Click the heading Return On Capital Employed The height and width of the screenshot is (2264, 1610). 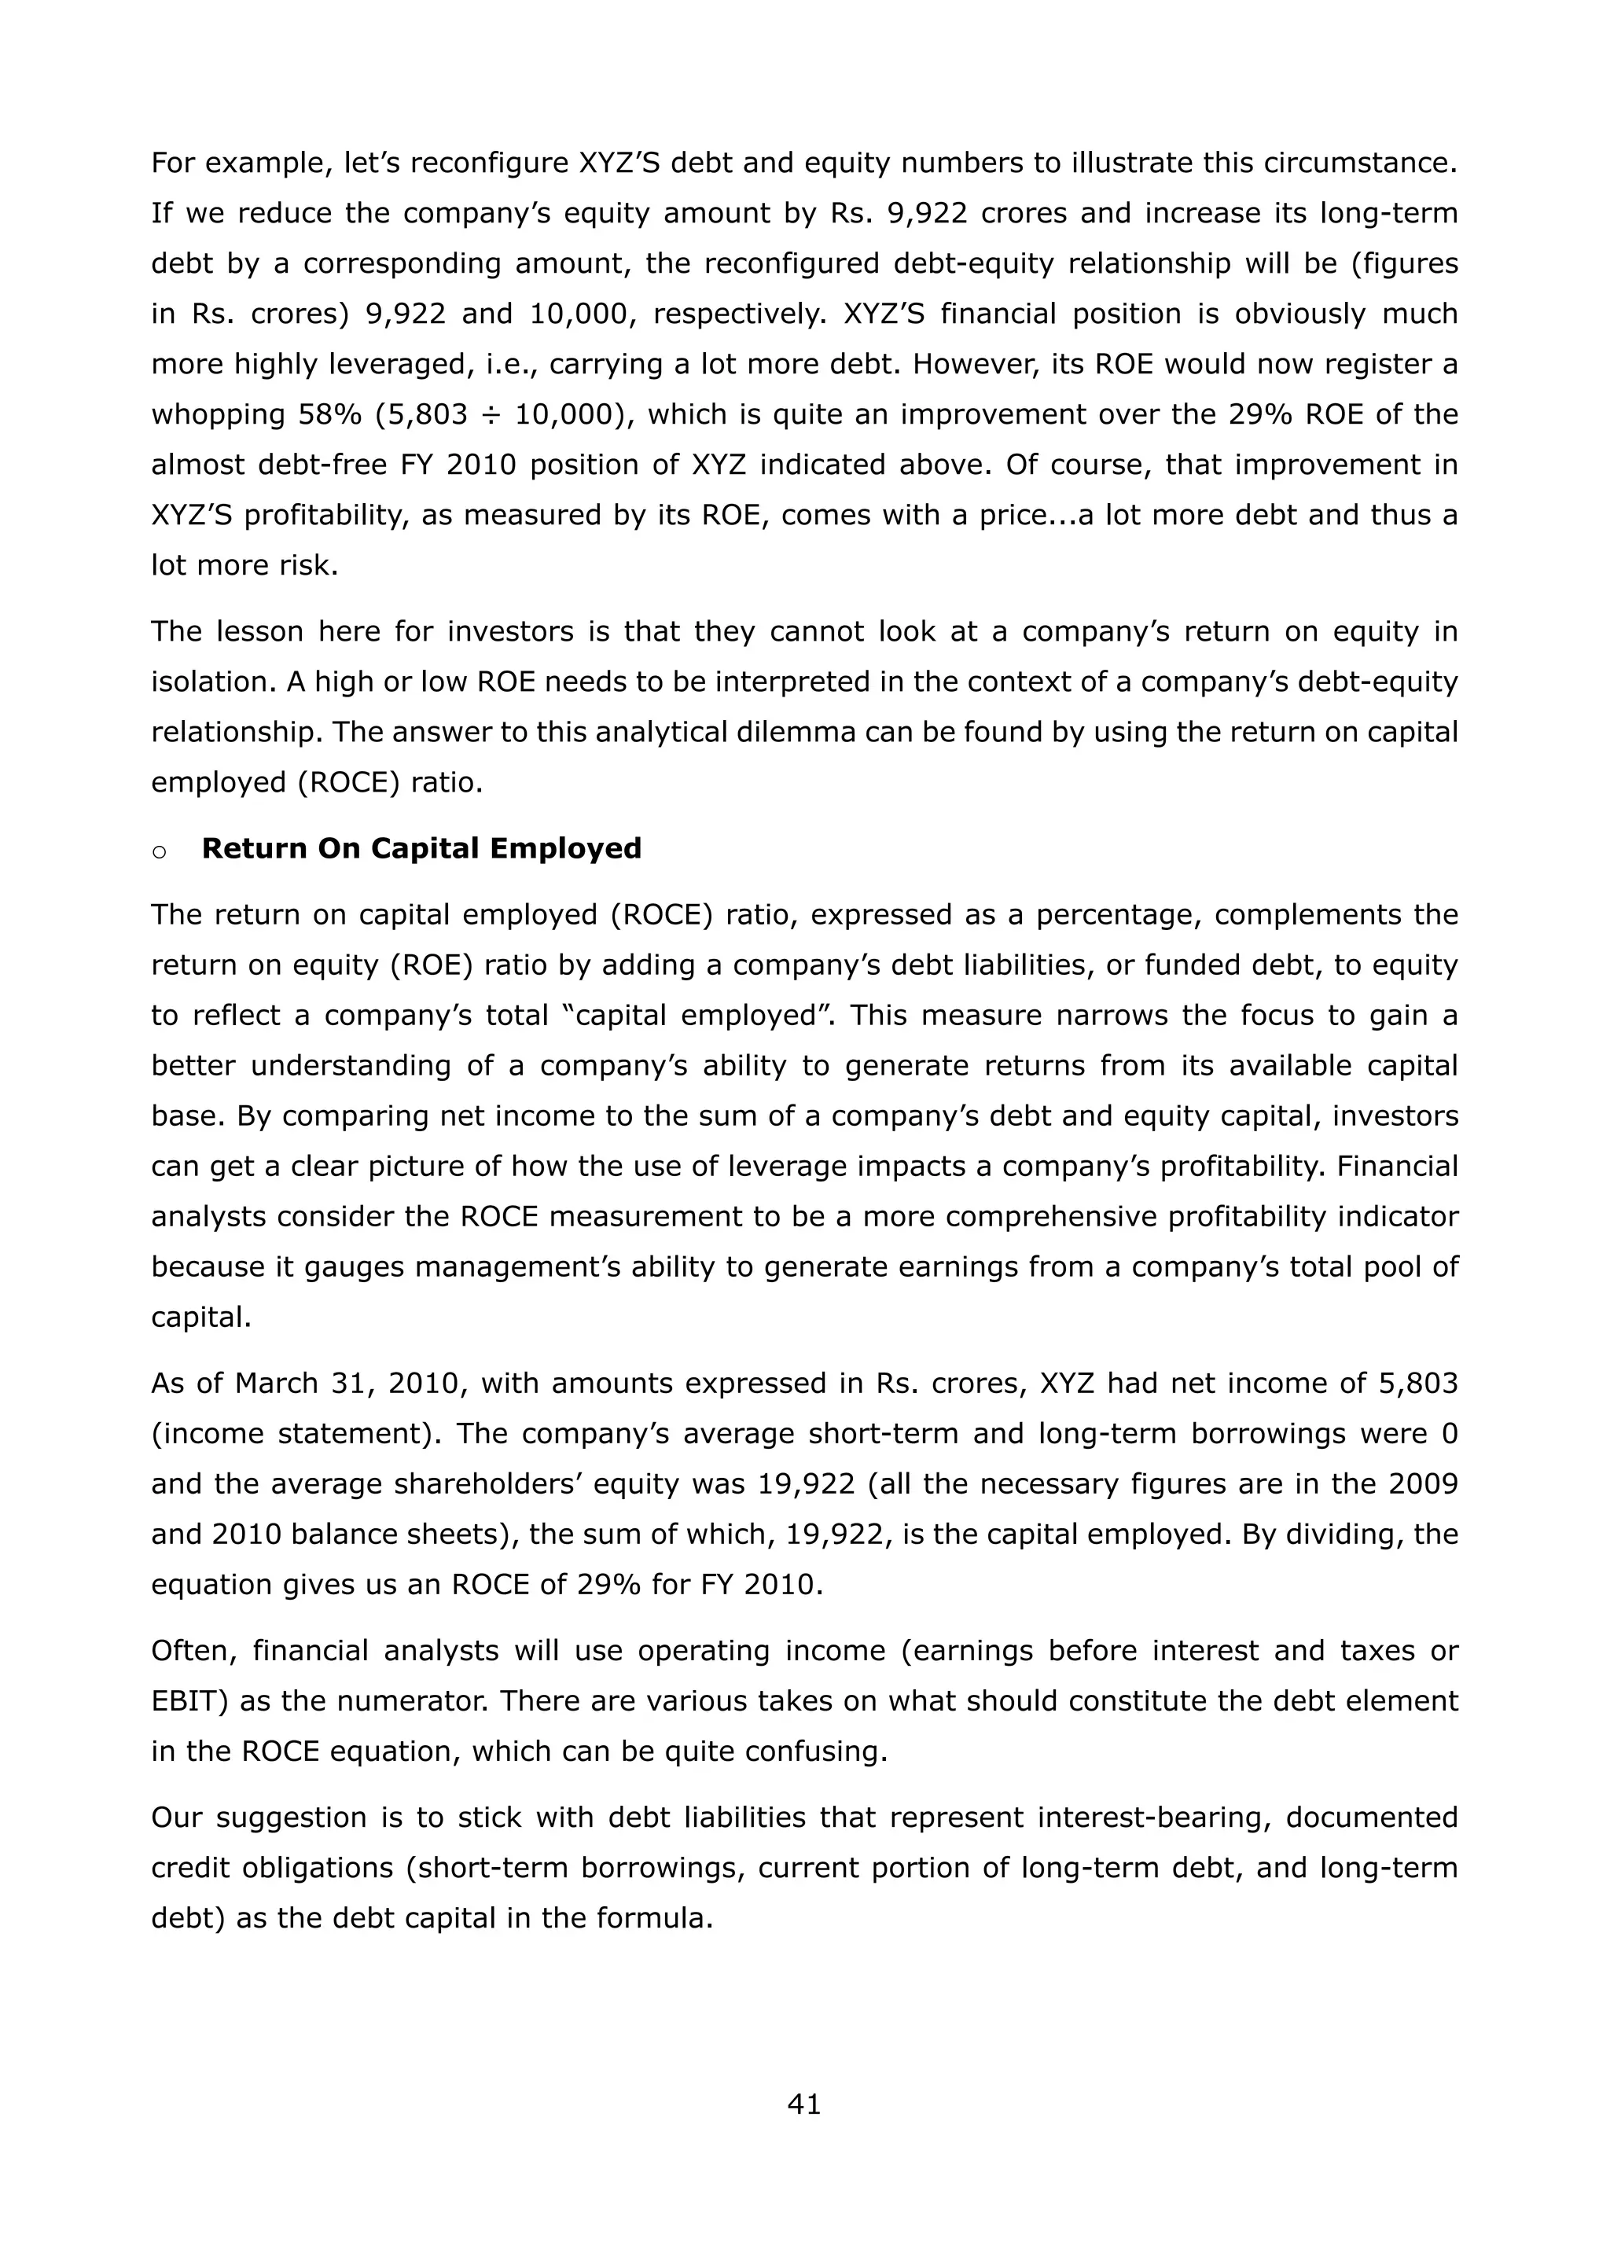421,848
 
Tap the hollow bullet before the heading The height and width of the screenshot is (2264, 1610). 159,851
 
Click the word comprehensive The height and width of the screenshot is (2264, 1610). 1022,1216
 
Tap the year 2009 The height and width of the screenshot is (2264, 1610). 1423,1484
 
